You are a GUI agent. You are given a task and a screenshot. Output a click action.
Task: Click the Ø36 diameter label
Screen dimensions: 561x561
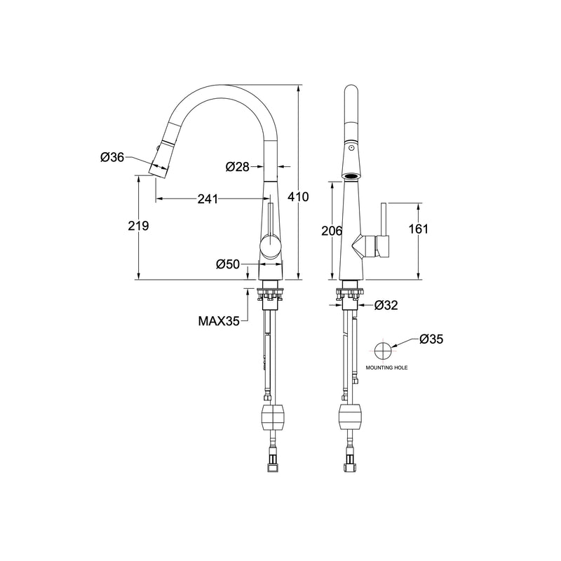[x=112, y=158]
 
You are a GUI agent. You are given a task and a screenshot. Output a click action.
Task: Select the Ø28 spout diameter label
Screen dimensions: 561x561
[x=238, y=167]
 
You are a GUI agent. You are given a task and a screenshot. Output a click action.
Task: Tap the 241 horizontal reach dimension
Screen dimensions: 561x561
[x=207, y=199]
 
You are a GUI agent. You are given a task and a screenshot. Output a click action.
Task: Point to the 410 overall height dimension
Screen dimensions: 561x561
[x=299, y=198]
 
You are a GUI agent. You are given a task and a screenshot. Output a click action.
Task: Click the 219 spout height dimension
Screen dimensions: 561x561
[x=140, y=226]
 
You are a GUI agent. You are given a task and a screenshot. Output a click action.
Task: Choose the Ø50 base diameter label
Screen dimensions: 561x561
[x=229, y=264]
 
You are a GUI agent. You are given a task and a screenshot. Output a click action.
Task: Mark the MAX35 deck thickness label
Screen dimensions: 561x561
[x=219, y=321]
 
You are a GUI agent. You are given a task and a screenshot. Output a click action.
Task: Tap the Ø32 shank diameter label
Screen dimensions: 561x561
[x=387, y=305]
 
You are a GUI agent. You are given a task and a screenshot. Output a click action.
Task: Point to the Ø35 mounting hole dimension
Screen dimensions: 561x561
[x=431, y=339]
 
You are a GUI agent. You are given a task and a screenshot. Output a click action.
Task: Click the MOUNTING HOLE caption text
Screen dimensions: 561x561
[x=385, y=367]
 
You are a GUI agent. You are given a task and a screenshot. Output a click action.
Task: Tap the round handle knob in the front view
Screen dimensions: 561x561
[x=270, y=246]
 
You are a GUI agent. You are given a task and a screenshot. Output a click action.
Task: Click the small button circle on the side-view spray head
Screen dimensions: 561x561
[x=351, y=149]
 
